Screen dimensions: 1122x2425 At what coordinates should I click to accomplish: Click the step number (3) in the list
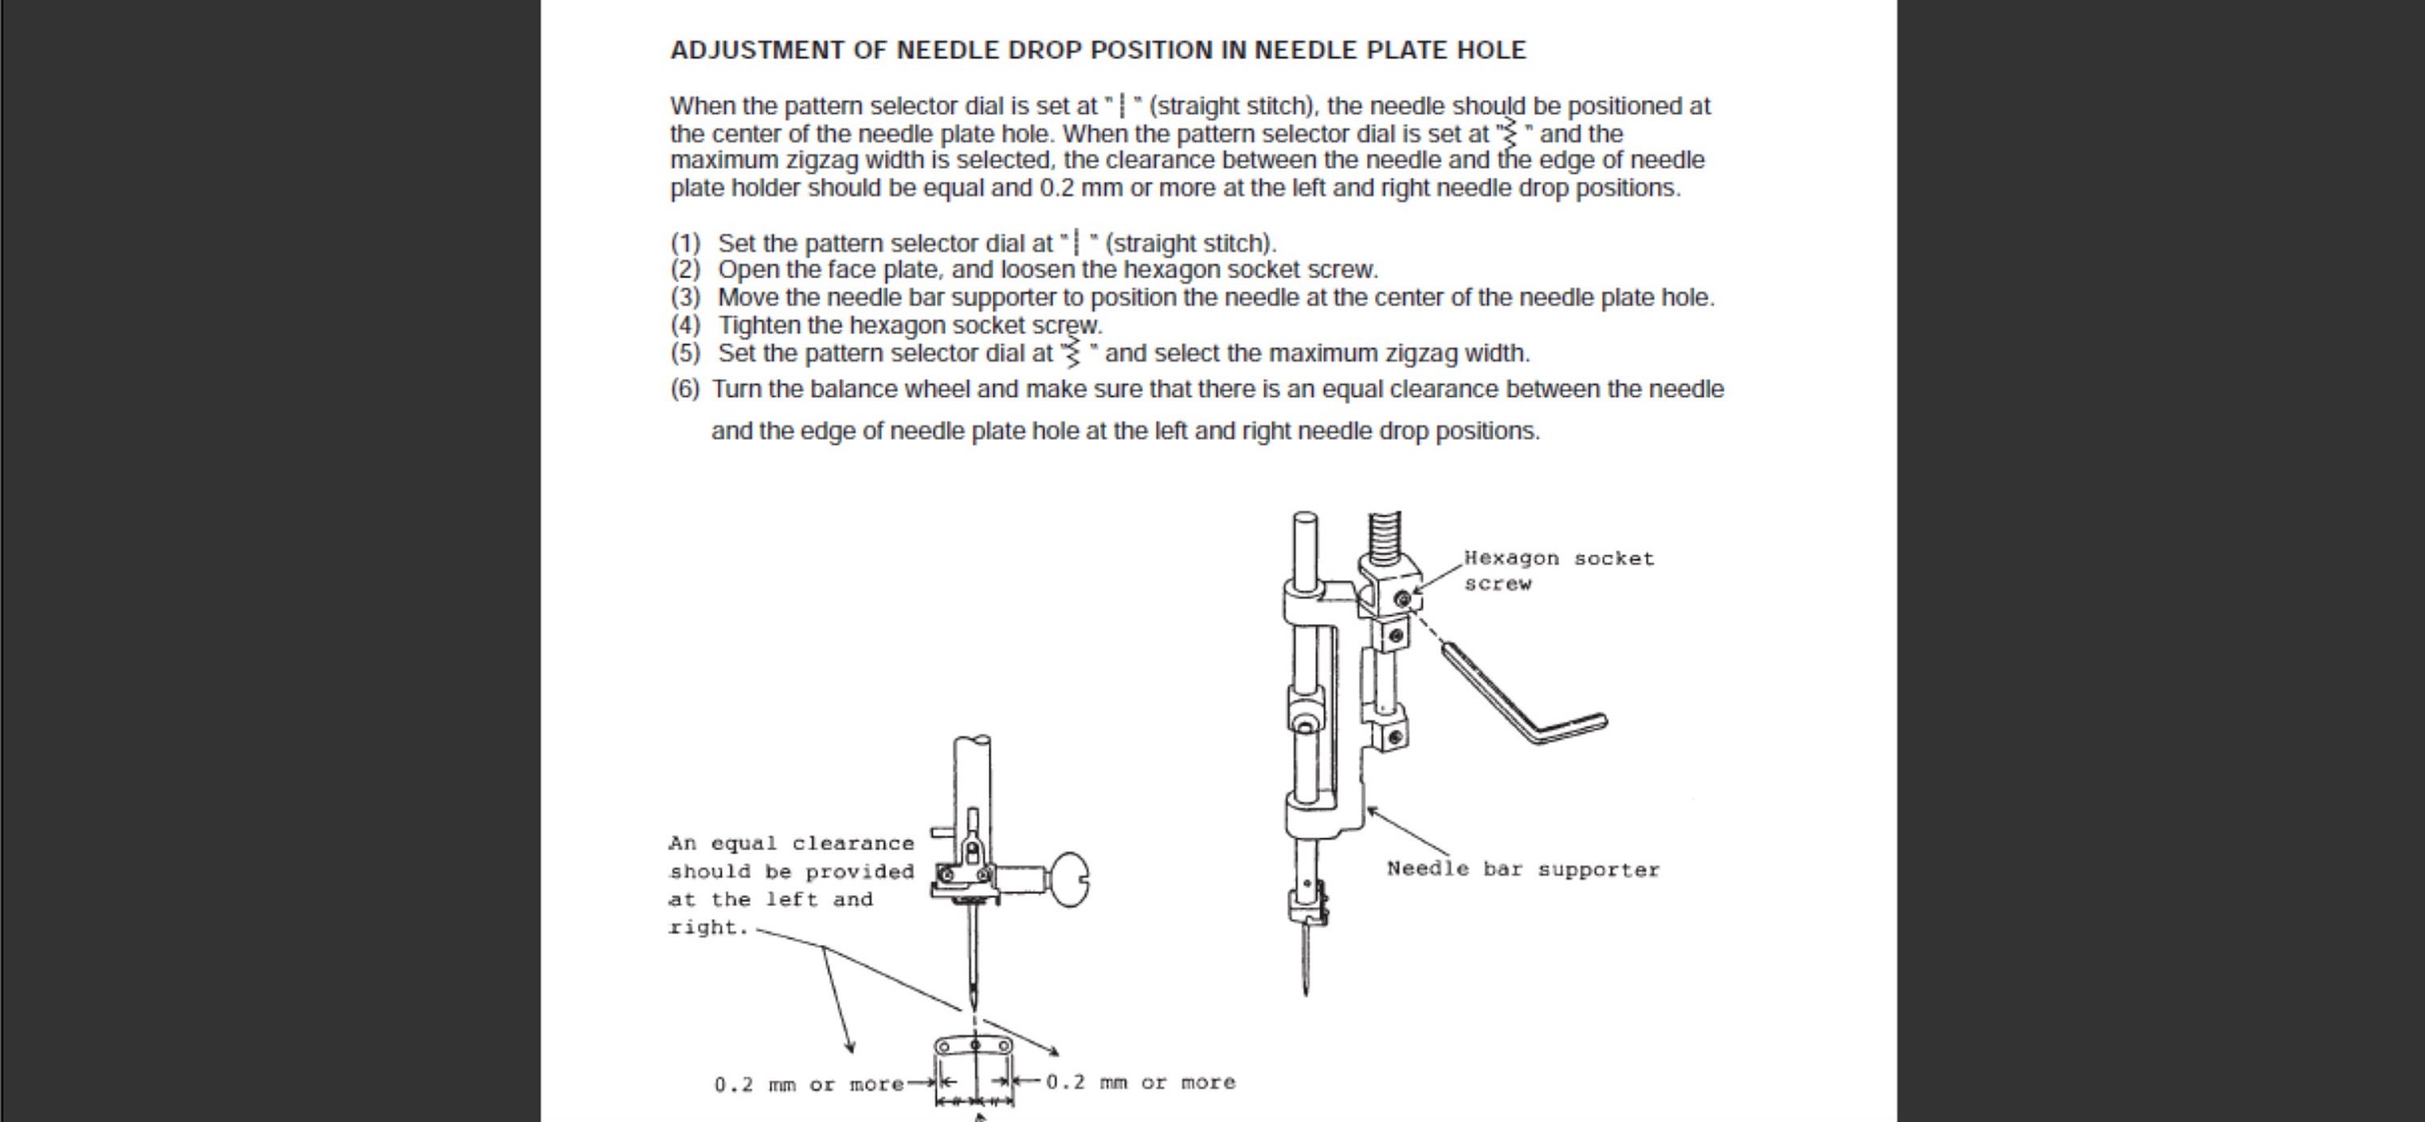point(685,297)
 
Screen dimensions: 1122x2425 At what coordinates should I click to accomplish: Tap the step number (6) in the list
point(685,390)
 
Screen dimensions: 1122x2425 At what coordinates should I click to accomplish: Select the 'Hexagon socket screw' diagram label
point(1558,571)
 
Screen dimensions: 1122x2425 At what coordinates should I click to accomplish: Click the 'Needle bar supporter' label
point(1522,869)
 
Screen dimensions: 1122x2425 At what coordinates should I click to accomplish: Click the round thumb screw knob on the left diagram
point(1068,879)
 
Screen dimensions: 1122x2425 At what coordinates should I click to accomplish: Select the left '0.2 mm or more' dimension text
point(808,1084)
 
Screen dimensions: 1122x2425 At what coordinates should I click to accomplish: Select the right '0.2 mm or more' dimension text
point(1140,1082)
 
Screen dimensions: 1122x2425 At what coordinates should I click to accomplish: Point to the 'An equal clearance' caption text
point(791,843)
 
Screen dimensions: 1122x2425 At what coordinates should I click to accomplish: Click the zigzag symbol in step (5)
point(1072,353)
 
